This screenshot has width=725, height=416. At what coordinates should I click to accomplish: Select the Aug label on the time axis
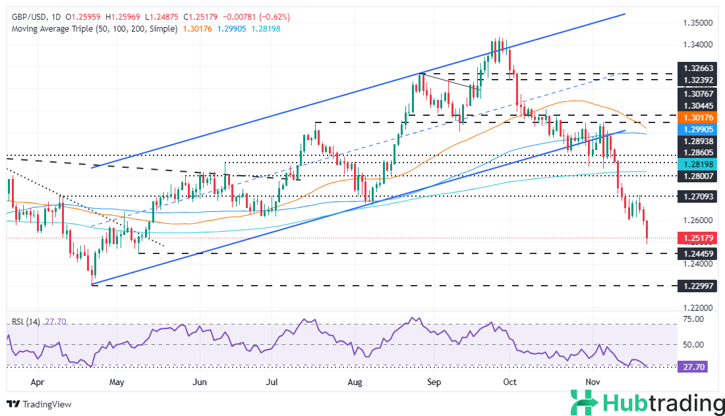coord(355,381)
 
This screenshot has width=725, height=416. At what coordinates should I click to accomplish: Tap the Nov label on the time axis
coord(593,381)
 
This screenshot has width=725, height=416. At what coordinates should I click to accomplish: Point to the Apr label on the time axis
coord(38,381)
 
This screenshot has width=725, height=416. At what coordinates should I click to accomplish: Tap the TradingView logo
coord(39,403)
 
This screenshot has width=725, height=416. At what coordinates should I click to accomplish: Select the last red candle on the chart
coord(648,230)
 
